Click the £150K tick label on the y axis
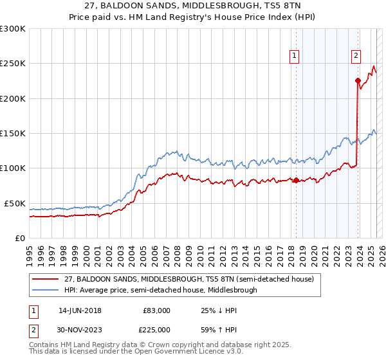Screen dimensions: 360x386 tap(13, 134)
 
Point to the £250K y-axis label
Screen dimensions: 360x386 tap(13, 64)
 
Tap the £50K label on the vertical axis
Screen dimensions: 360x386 tap(15, 203)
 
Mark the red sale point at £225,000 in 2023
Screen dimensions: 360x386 tap(358, 80)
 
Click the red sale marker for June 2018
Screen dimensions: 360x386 tap(296, 180)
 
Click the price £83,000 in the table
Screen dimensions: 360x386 tap(157, 310)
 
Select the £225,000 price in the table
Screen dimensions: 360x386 tap(157, 330)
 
